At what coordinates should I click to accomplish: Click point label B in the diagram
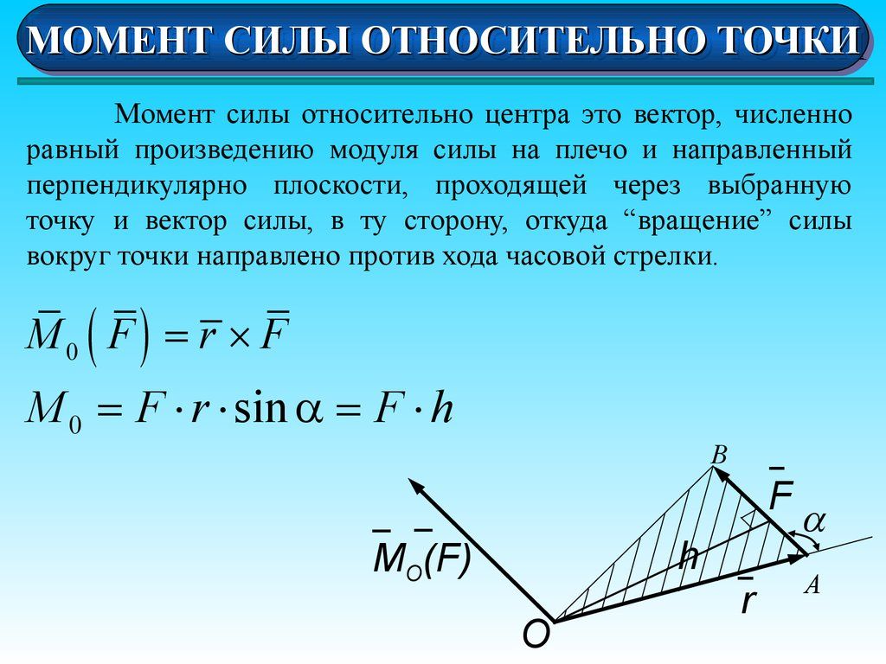[718, 454]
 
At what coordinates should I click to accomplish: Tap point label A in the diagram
[812, 585]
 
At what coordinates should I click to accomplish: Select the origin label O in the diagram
[536, 635]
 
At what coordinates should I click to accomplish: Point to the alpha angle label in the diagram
[815, 521]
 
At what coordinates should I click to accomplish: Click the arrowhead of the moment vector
[418, 488]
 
